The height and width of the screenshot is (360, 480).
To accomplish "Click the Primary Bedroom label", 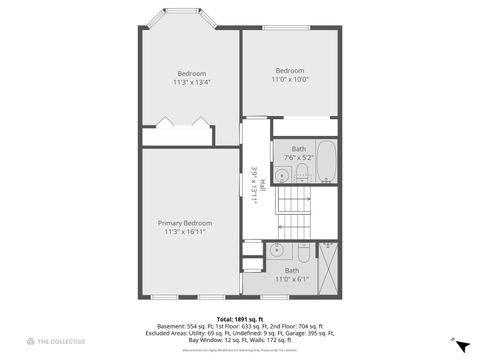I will [x=189, y=223].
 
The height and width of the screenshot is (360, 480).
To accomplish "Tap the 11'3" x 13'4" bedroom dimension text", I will [x=192, y=82].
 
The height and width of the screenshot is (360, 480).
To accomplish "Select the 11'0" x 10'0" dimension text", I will [x=289, y=79].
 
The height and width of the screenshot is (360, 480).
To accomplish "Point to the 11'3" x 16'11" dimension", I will [x=189, y=232].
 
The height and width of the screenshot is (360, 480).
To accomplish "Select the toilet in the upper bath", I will [x=300, y=175].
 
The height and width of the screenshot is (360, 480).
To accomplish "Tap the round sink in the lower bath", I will [x=279, y=251].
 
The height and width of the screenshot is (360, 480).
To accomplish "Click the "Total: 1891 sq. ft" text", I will [x=239, y=319].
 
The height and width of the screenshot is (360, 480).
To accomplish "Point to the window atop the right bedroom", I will [x=291, y=28].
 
